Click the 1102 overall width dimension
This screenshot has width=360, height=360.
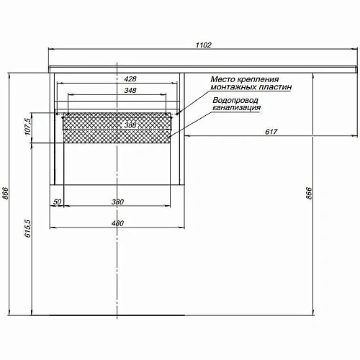tap(204, 45)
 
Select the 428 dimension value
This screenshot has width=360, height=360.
tap(130, 79)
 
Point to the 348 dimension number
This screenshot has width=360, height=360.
tap(130, 91)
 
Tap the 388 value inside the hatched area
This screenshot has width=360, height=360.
tap(130, 125)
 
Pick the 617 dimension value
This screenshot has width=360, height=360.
tap(271, 131)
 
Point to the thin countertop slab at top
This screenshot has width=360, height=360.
tap(204, 67)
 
